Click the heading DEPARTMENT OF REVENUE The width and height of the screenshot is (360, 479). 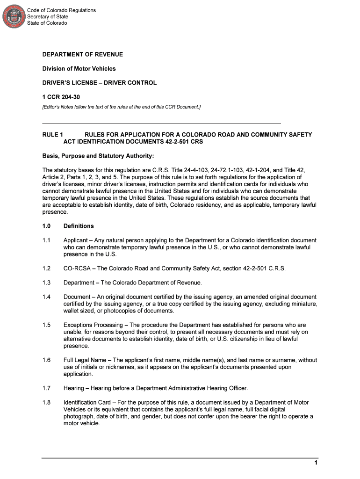tap(83, 55)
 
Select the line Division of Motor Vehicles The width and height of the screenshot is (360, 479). tap(79, 69)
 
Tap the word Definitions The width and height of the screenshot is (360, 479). tap(79, 226)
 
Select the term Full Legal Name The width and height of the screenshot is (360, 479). tap(85, 360)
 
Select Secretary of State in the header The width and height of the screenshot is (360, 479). tap(48, 17)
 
